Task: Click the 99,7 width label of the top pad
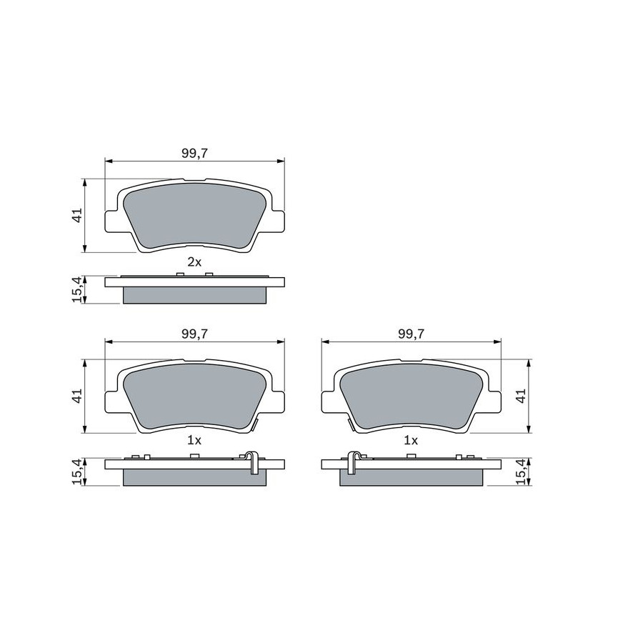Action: tap(195, 154)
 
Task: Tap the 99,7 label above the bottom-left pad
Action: tap(195, 334)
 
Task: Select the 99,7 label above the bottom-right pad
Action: tap(412, 334)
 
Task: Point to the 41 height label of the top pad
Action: tap(77, 215)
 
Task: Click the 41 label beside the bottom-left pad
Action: tap(77, 396)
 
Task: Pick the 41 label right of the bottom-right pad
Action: tap(521, 396)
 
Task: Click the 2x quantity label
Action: tap(194, 262)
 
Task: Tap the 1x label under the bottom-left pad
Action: tap(194, 440)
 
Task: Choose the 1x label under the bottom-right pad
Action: tap(411, 440)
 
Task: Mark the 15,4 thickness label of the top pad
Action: tap(77, 289)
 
